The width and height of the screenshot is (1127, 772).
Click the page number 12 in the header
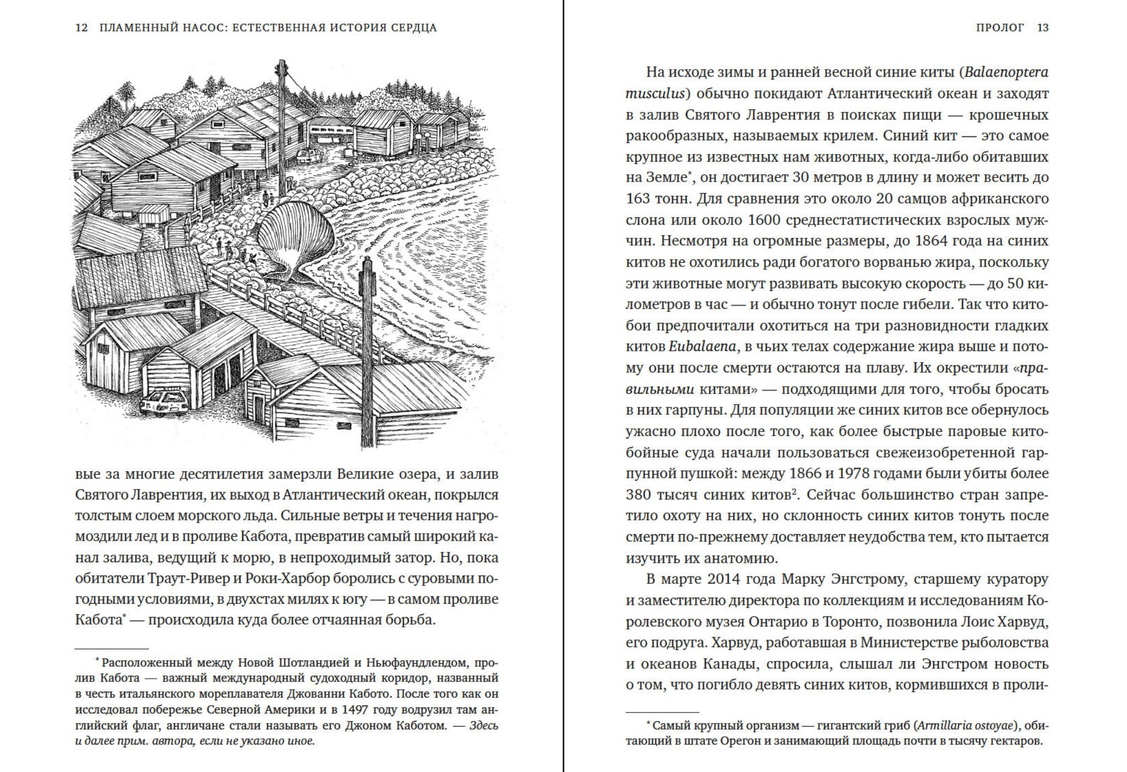coord(81,28)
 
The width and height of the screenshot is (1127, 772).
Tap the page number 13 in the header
coord(1043,28)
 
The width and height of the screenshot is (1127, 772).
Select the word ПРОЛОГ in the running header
coord(1000,28)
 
